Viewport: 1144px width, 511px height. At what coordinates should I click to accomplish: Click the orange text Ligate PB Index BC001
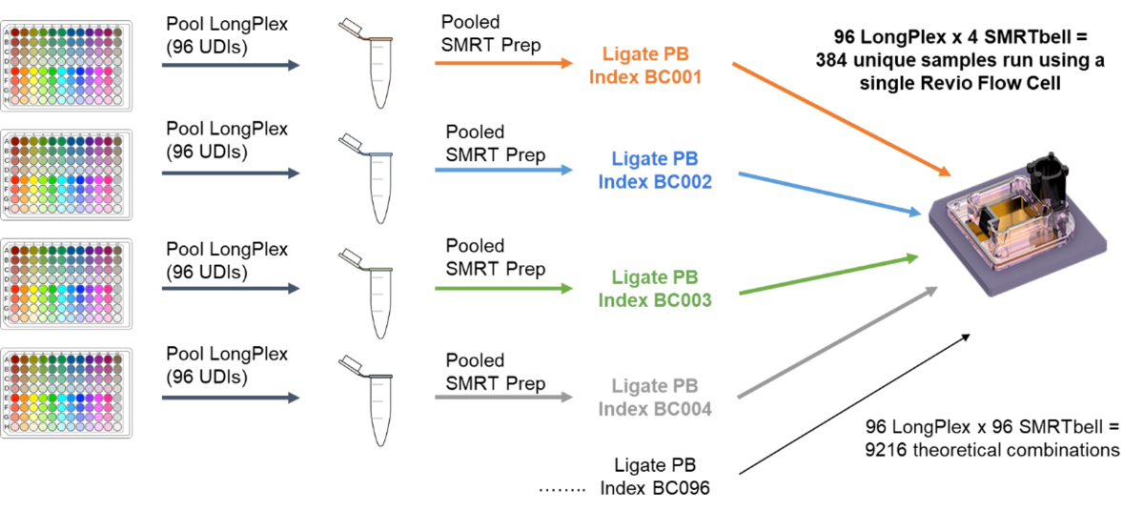click(x=645, y=66)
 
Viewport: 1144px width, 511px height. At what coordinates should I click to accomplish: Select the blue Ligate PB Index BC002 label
click(x=655, y=170)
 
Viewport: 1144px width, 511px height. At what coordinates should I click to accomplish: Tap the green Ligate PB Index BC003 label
click(x=655, y=288)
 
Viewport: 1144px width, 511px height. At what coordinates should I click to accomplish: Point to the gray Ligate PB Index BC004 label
click(x=655, y=398)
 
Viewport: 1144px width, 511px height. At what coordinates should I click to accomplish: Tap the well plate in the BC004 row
click(x=66, y=393)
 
